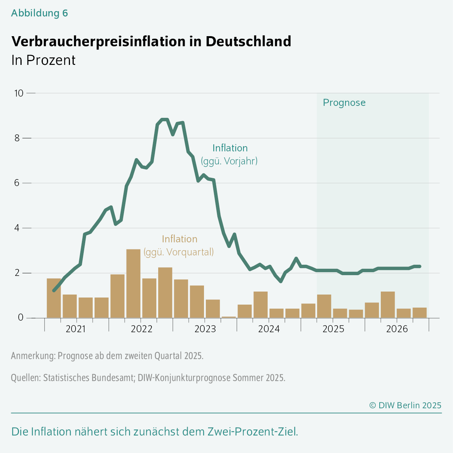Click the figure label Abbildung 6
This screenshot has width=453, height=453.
(39, 13)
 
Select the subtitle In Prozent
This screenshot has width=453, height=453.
(43, 60)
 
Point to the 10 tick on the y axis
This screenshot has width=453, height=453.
(19, 93)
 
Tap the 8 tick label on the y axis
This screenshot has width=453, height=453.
(17, 138)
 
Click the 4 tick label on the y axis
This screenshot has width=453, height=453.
(17, 228)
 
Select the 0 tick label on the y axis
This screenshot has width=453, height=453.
(20, 318)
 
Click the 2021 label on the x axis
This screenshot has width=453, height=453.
(76, 329)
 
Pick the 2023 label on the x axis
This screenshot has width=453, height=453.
(205, 329)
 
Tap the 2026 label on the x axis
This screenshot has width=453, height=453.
(397, 329)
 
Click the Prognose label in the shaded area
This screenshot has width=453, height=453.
(344, 103)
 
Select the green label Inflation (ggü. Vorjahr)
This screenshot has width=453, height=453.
(230, 154)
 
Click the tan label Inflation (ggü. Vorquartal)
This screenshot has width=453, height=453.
(179, 245)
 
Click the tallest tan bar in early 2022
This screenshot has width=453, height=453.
(133, 283)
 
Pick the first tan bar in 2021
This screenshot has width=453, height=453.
(54, 298)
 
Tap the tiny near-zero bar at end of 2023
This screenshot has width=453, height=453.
(229, 317)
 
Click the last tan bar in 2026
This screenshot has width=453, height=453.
(419, 313)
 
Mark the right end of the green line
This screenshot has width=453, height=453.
(419, 266)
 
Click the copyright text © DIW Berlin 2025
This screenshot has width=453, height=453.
(405, 405)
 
